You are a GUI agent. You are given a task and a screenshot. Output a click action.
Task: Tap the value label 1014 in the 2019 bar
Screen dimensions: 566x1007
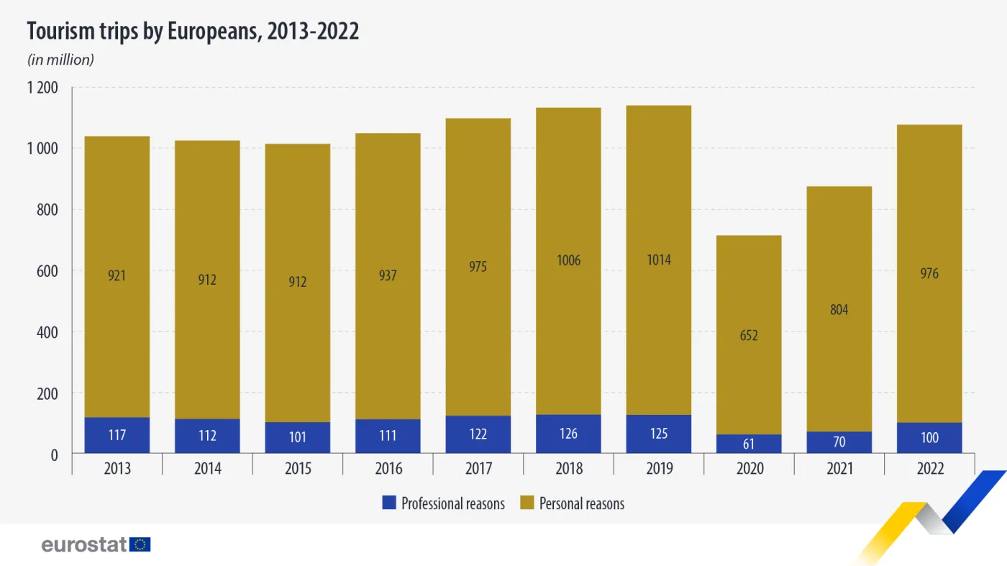pos(659,260)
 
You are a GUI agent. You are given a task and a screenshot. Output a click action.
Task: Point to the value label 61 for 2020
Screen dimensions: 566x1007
pos(749,444)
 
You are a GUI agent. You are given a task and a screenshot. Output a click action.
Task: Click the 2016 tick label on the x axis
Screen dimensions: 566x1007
pos(388,469)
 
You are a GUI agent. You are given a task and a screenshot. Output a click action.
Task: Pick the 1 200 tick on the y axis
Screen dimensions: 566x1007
pos(42,88)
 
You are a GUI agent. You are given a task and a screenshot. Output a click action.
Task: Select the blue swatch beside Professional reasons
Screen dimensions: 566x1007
pos(389,503)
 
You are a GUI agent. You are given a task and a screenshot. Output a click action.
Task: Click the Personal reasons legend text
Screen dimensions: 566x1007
pos(581,503)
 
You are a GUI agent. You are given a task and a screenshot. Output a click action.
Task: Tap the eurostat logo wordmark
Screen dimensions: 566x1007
pos(84,544)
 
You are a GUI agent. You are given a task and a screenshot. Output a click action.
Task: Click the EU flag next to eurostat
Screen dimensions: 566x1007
pos(140,544)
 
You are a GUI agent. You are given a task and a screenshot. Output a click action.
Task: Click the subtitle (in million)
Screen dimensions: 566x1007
pos(60,60)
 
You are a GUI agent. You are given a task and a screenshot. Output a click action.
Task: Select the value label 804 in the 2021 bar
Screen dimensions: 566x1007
pos(839,310)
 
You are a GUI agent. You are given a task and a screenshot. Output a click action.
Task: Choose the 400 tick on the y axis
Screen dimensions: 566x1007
pos(48,332)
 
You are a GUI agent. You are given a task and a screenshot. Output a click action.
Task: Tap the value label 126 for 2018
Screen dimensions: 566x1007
pos(568,434)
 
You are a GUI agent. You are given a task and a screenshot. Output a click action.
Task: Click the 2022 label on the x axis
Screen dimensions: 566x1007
pos(929,469)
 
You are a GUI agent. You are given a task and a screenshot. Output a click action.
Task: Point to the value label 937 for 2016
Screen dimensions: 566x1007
pos(388,275)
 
